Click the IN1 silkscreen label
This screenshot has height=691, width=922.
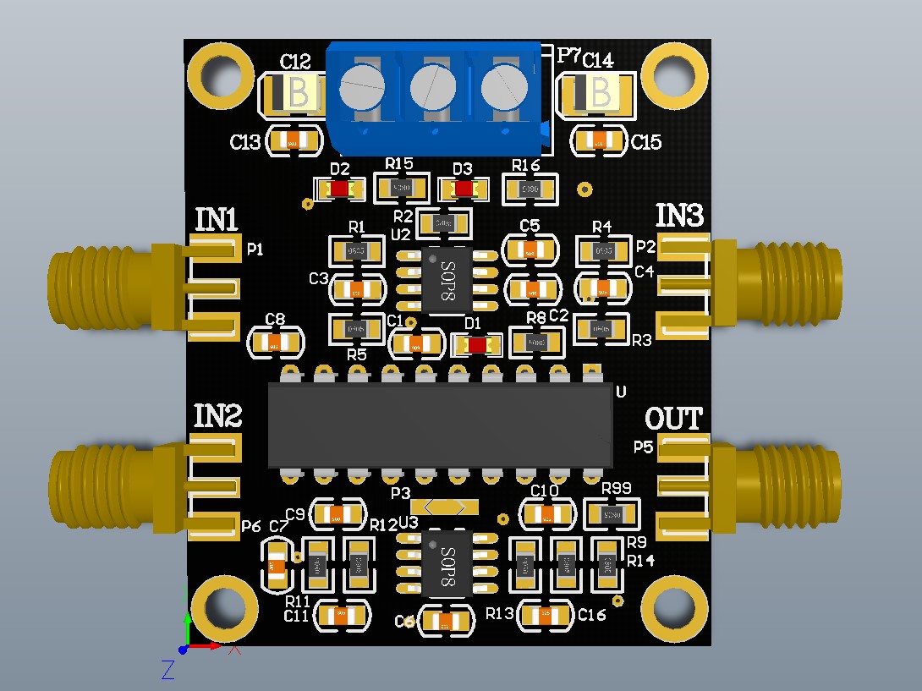216,219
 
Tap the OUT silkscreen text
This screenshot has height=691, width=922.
673,418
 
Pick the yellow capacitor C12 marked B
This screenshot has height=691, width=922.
292,93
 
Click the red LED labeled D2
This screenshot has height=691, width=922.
340,189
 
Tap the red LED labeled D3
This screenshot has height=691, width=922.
463,189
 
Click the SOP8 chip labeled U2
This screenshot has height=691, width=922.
447,282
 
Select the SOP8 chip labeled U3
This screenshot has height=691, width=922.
447,564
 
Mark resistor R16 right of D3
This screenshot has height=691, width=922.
530,189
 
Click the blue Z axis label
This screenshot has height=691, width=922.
167,670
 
